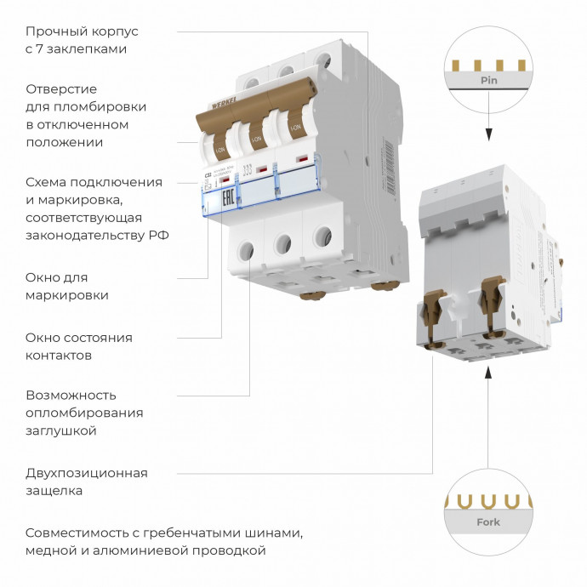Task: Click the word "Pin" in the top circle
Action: [488, 81]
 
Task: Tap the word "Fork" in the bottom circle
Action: [488, 522]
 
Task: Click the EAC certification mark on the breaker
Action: [227, 200]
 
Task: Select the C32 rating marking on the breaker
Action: [208, 174]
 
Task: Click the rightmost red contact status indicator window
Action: [301, 159]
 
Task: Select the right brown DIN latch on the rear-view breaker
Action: [491, 299]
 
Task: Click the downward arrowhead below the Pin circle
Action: [489, 134]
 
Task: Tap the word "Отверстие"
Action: [61, 88]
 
